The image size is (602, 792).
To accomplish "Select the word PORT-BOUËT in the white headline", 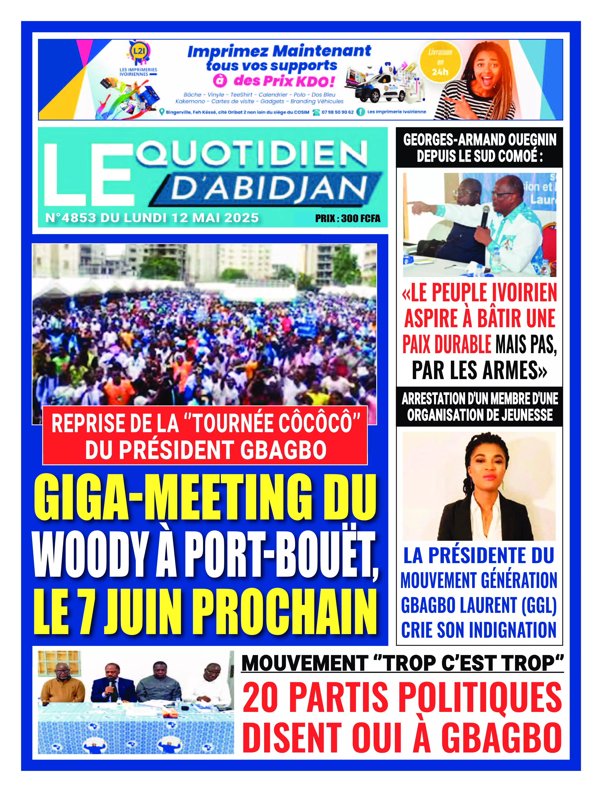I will click(x=281, y=555).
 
